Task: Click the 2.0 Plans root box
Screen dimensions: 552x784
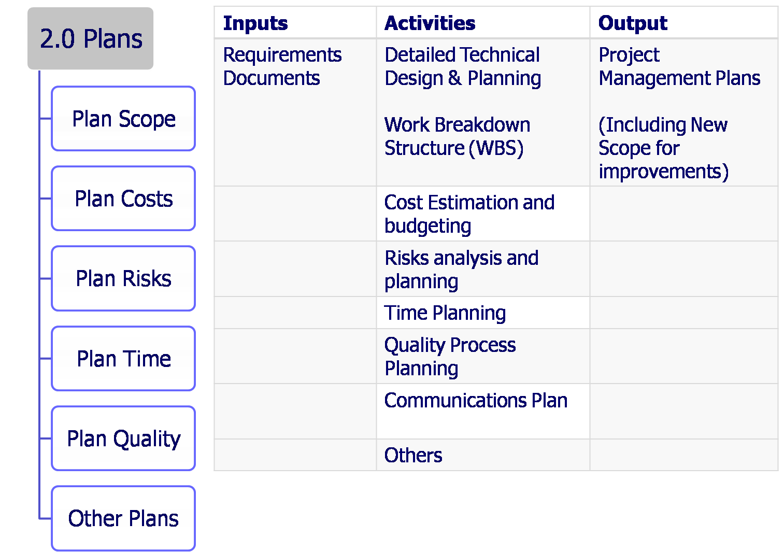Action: click(x=91, y=39)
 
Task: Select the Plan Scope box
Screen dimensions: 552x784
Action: click(x=123, y=119)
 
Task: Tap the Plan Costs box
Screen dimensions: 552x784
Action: click(x=123, y=199)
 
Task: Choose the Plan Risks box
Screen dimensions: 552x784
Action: click(x=123, y=278)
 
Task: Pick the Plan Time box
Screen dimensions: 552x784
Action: click(x=123, y=358)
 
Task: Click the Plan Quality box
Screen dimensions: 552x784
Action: click(x=123, y=438)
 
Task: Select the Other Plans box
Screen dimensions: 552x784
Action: click(x=123, y=518)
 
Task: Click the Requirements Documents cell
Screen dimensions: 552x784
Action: click(x=282, y=66)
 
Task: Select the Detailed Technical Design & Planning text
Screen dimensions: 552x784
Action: click(x=462, y=66)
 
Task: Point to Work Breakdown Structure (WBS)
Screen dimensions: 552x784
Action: click(x=457, y=136)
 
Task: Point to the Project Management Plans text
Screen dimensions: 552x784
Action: click(x=679, y=66)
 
